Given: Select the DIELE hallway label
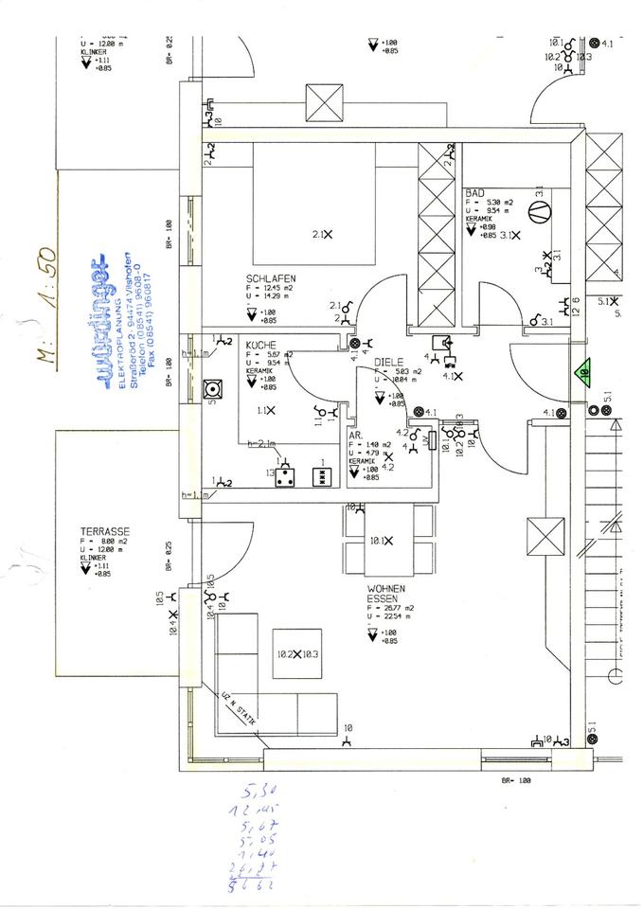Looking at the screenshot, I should click(x=388, y=363).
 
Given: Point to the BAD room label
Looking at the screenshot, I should click(x=473, y=192).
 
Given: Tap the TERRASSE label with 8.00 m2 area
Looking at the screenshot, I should click(x=105, y=532).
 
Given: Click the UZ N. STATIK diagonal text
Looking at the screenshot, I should click(x=240, y=705).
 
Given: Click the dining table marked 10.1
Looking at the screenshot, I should click(x=388, y=541).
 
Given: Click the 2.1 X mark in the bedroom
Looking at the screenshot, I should click(x=322, y=234).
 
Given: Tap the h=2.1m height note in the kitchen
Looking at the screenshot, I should click(x=261, y=443).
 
